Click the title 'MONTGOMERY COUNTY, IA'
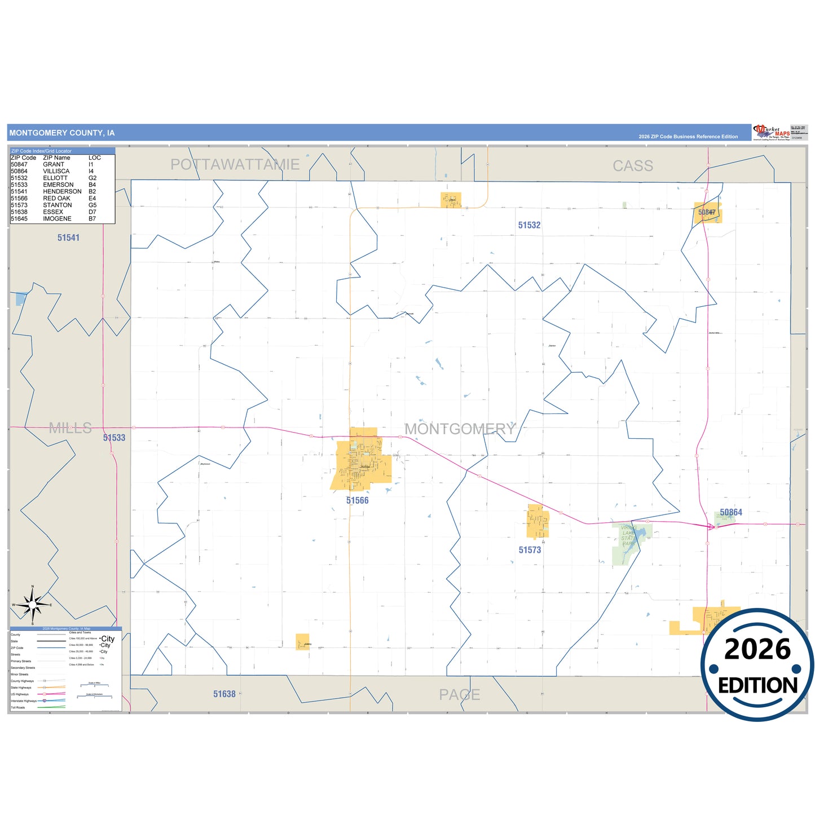(x=62, y=133)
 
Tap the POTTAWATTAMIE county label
(x=235, y=165)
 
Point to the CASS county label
(x=633, y=166)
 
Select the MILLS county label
(x=70, y=428)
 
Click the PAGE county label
(x=460, y=695)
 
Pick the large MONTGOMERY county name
(x=460, y=429)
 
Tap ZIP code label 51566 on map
(x=357, y=501)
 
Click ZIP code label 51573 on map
(x=530, y=550)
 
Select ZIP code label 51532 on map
(x=529, y=225)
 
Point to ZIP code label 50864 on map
(x=731, y=512)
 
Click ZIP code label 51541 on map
(x=68, y=238)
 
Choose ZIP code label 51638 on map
(x=224, y=694)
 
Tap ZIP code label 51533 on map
(x=114, y=438)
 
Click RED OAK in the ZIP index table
(x=56, y=199)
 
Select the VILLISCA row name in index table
(x=56, y=171)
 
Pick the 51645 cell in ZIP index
(x=19, y=219)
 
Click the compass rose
(x=33, y=605)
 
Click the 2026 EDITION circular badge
(x=757, y=664)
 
